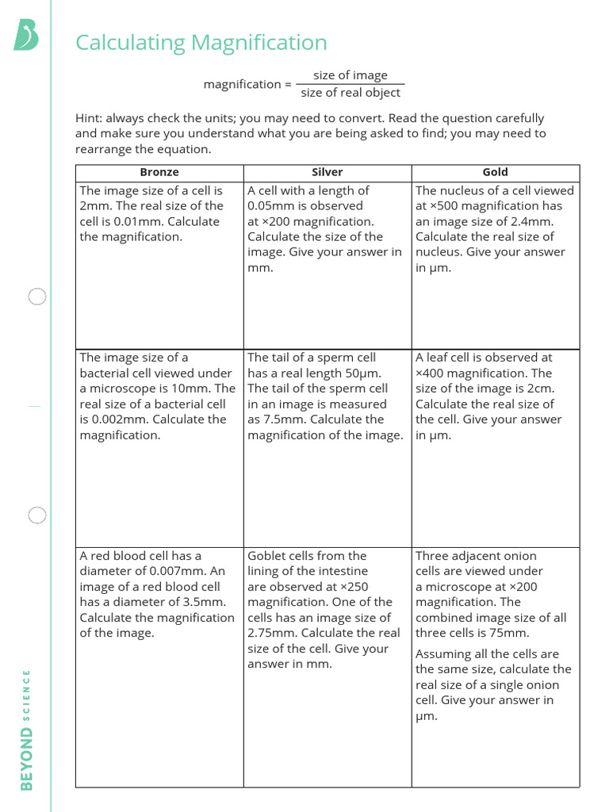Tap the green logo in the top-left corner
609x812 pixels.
tap(26, 36)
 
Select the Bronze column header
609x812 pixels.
tap(159, 172)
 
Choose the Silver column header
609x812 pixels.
tap(327, 172)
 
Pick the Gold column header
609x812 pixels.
tap(495, 172)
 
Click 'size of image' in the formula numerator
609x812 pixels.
tap(350, 75)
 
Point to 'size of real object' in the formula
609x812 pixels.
tap(350, 93)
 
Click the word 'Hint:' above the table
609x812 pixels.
tap(89, 118)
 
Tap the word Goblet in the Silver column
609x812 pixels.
tap(266, 556)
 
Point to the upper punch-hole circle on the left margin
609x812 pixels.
tap(37, 297)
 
